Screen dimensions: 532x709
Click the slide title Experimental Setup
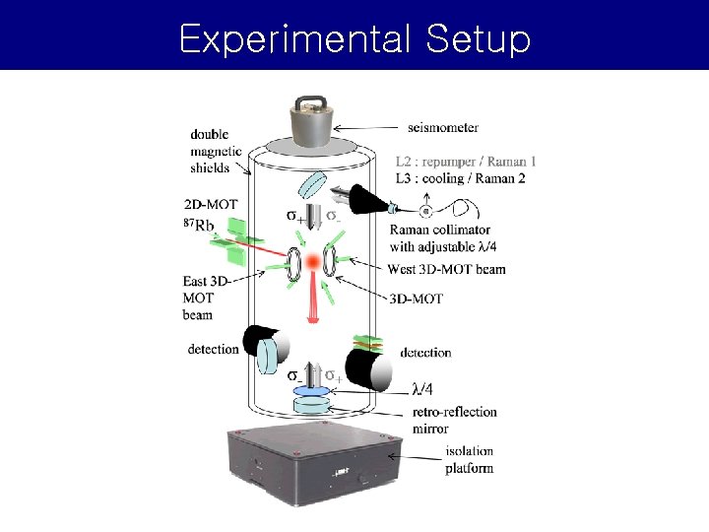point(354,39)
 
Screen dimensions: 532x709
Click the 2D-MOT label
point(211,205)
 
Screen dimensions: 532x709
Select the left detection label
point(213,349)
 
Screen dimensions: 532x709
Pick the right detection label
point(425,352)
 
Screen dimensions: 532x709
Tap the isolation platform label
point(469,459)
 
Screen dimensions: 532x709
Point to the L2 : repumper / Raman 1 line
point(467,162)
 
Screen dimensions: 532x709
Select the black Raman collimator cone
point(363,200)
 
